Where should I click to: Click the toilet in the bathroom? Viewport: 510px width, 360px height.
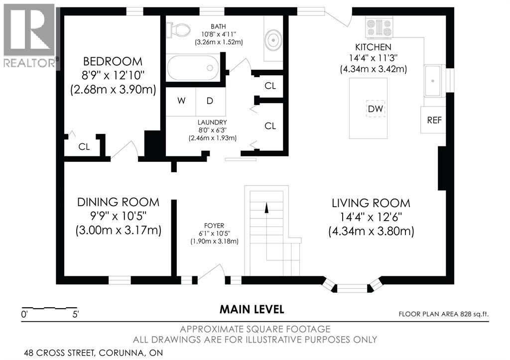pyautogui.click(x=178, y=30)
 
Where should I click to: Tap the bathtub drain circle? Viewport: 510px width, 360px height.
pyautogui.click(x=210, y=68)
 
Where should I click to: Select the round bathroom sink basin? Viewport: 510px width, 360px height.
pyautogui.click(x=273, y=40)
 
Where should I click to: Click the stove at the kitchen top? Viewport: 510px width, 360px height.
pyautogui.click(x=379, y=27)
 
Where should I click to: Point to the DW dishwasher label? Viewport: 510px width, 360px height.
pyautogui.click(x=376, y=109)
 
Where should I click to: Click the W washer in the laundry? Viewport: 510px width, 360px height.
pyautogui.click(x=181, y=101)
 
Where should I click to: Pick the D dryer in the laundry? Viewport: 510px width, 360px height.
pyautogui.click(x=211, y=101)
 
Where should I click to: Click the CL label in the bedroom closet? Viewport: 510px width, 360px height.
pyautogui.click(x=84, y=147)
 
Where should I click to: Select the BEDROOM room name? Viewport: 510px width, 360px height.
pyautogui.click(x=113, y=61)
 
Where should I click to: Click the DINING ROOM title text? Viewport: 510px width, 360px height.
pyautogui.click(x=118, y=202)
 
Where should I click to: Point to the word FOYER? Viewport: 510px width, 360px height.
pyautogui.click(x=214, y=226)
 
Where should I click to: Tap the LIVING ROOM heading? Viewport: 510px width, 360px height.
pyautogui.click(x=371, y=203)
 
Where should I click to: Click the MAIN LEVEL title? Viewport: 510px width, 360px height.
pyautogui.click(x=252, y=309)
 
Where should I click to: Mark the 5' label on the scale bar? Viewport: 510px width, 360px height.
pyautogui.click(x=76, y=315)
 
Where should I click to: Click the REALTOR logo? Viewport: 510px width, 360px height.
pyautogui.click(x=30, y=36)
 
